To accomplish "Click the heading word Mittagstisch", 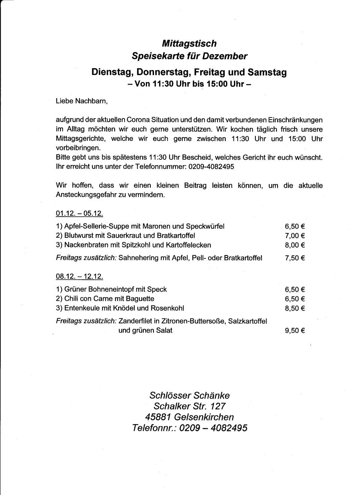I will (x=189, y=43).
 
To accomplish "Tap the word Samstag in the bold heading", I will (x=267, y=72).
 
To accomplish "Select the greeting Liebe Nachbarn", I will (x=82, y=101).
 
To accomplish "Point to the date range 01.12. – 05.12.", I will (x=79, y=214).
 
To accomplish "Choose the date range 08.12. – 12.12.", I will (x=79, y=277).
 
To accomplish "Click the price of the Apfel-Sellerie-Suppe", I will (x=295, y=226).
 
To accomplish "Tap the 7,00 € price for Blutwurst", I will (x=295, y=236).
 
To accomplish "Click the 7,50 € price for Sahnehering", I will (x=295, y=258).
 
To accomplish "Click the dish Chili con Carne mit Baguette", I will (x=109, y=299).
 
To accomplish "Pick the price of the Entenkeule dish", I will (x=295, y=308).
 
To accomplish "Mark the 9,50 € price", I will (x=295, y=331).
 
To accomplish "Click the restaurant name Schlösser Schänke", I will (x=189, y=396).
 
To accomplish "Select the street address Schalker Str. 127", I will (x=189, y=406).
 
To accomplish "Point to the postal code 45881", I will (x=158, y=417).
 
